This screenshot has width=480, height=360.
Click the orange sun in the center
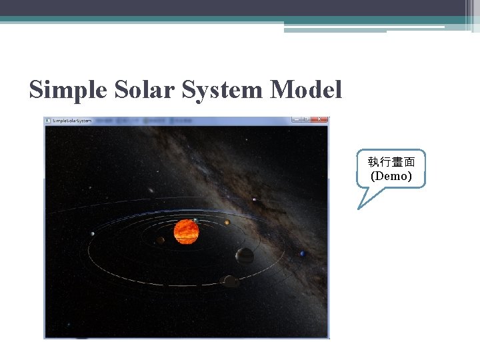tap(186, 231)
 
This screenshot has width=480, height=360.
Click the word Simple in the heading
tap(67, 89)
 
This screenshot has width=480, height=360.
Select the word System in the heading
tap(224, 89)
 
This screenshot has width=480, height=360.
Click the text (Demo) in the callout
tap(391, 176)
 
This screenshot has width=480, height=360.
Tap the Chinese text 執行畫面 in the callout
tap(391, 162)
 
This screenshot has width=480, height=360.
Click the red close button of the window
tap(320, 119)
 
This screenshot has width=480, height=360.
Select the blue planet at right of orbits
tap(303, 253)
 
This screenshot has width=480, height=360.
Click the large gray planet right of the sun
tap(245, 255)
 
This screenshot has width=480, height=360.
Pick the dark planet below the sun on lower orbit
tap(231, 281)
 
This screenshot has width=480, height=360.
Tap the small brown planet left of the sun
tap(161, 240)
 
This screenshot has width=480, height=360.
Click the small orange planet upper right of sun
tap(227, 222)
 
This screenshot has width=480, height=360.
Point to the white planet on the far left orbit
tap(92, 233)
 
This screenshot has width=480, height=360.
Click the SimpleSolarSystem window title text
tap(71, 120)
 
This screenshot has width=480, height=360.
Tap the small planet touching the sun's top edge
tap(195, 220)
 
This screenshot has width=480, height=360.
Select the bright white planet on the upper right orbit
tap(255, 199)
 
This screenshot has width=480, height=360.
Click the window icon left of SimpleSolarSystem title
tap(48, 120)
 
